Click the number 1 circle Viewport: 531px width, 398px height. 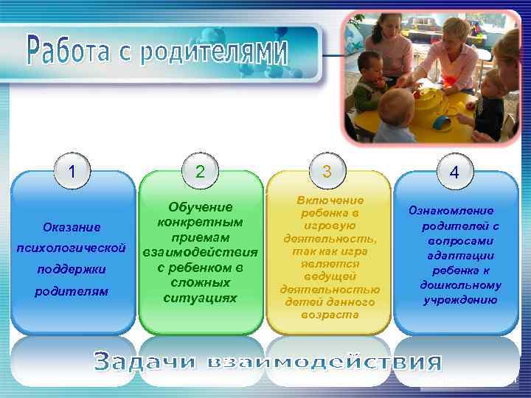(x=72, y=172)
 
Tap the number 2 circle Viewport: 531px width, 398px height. (x=200, y=172)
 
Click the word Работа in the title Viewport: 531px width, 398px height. (x=69, y=47)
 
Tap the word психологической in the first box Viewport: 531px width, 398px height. (x=72, y=245)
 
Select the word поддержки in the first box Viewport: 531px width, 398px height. (x=72, y=269)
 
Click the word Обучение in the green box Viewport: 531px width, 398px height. (x=201, y=208)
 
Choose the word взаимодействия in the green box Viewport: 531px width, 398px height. (x=201, y=253)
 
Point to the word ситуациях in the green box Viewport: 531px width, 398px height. (x=201, y=298)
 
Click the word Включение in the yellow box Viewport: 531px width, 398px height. (x=330, y=200)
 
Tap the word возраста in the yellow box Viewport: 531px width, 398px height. (x=330, y=315)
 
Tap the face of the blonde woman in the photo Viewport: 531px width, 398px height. (x=455, y=35)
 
